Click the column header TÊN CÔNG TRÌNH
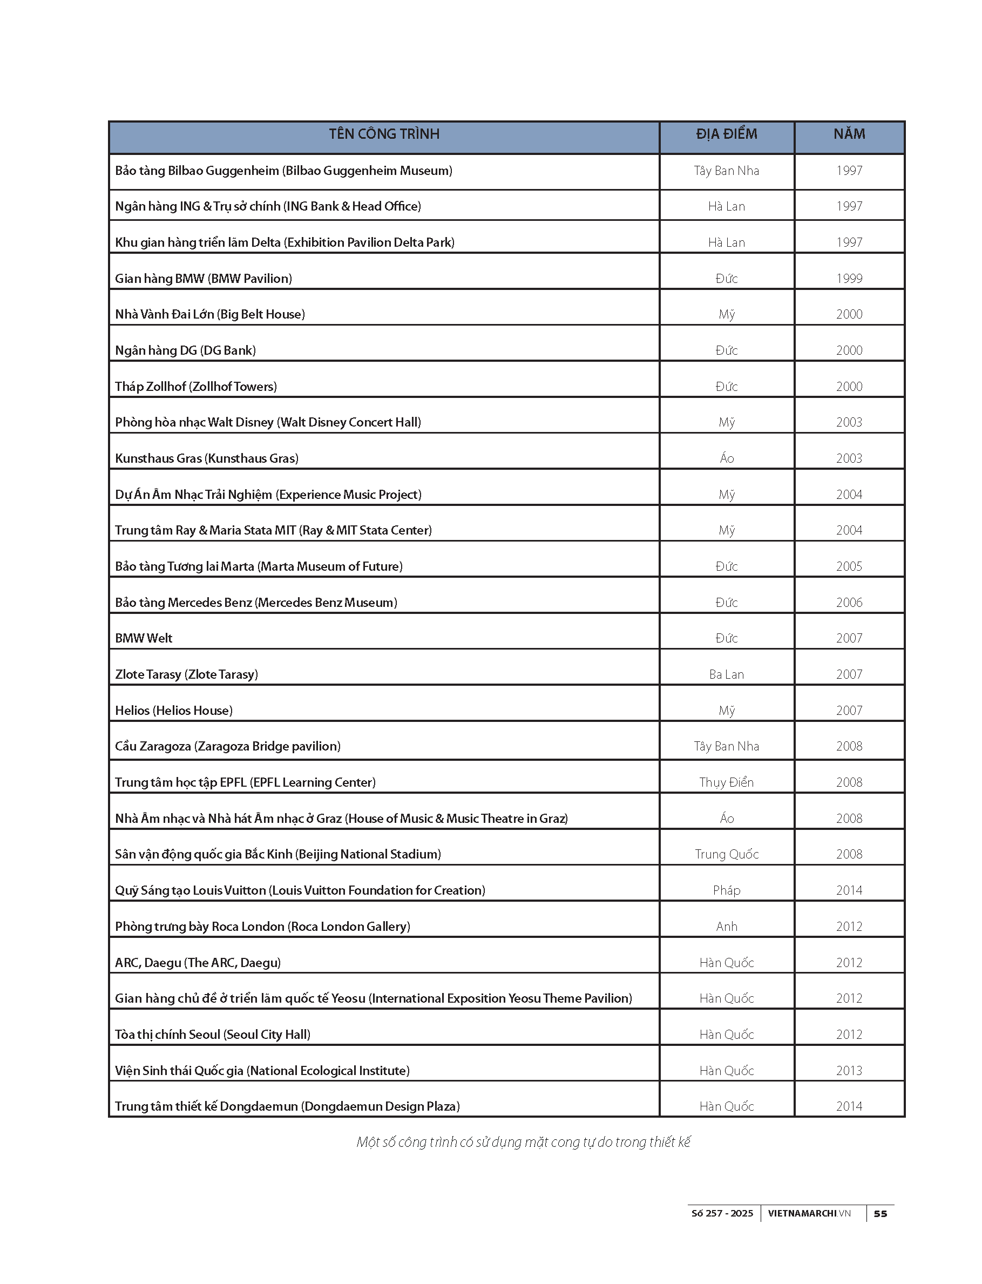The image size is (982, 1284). click(x=384, y=134)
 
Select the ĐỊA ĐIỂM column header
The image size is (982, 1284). click(x=727, y=134)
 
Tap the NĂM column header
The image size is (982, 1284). click(x=849, y=134)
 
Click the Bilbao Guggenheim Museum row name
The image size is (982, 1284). click(x=283, y=171)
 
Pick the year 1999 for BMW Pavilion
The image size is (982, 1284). click(x=849, y=278)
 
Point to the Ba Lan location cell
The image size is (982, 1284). click(x=727, y=674)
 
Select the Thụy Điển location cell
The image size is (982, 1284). click(x=727, y=782)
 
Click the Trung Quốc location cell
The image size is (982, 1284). click(x=727, y=854)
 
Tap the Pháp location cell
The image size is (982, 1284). click(x=727, y=890)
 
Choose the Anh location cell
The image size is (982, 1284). click(x=727, y=926)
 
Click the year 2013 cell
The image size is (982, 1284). click(x=849, y=1071)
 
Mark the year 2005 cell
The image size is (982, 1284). click(x=849, y=566)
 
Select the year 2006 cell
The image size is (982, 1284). click(x=849, y=602)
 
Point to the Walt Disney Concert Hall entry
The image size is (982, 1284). click(x=268, y=422)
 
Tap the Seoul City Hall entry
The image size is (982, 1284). click(x=212, y=1035)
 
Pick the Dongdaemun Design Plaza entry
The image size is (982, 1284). click(x=287, y=1106)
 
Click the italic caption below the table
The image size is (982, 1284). click(x=523, y=1142)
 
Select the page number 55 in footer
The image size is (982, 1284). click(x=881, y=1213)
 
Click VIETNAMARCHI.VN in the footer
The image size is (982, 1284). click(x=809, y=1213)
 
